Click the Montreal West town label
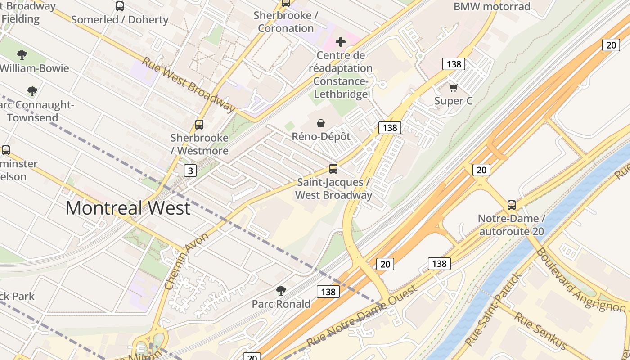click(x=128, y=208)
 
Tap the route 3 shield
click(x=190, y=171)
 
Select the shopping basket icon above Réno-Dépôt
click(x=321, y=123)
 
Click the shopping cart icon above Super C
click(x=453, y=88)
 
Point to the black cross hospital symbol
click(x=341, y=42)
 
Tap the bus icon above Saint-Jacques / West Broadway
click(x=333, y=169)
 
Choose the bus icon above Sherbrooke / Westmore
click(x=199, y=125)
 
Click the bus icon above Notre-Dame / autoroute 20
click(x=511, y=205)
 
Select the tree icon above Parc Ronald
click(x=281, y=291)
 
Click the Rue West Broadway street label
click(x=189, y=84)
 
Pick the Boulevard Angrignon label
click(x=580, y=280)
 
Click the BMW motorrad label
click(x=492, y=7)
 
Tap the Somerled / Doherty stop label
click(x=120, y=19)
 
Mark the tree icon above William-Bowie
click(x=22, y=55)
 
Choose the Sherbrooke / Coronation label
click(x=286, y=22)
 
